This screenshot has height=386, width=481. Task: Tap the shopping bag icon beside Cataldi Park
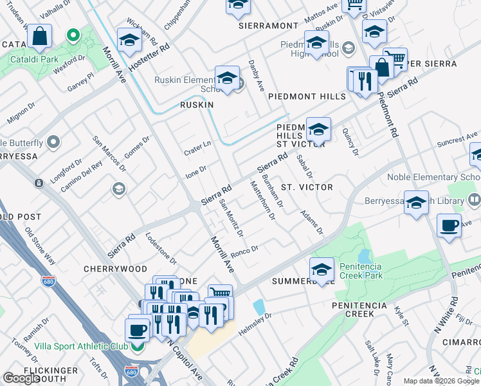(x=40, y=37)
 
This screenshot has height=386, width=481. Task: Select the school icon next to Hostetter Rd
(x=129, y=41)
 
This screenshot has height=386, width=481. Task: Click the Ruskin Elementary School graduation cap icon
(x=226, y=78)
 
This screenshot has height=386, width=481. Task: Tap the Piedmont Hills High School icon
(x=316, y=43)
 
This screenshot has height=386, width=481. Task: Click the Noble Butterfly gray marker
(x=53, y=142)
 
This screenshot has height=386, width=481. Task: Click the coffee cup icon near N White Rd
(x=448, y=226)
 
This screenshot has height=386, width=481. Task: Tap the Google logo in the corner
(x=21, y=378)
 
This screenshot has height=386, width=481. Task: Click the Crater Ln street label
(x=199, y=146)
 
